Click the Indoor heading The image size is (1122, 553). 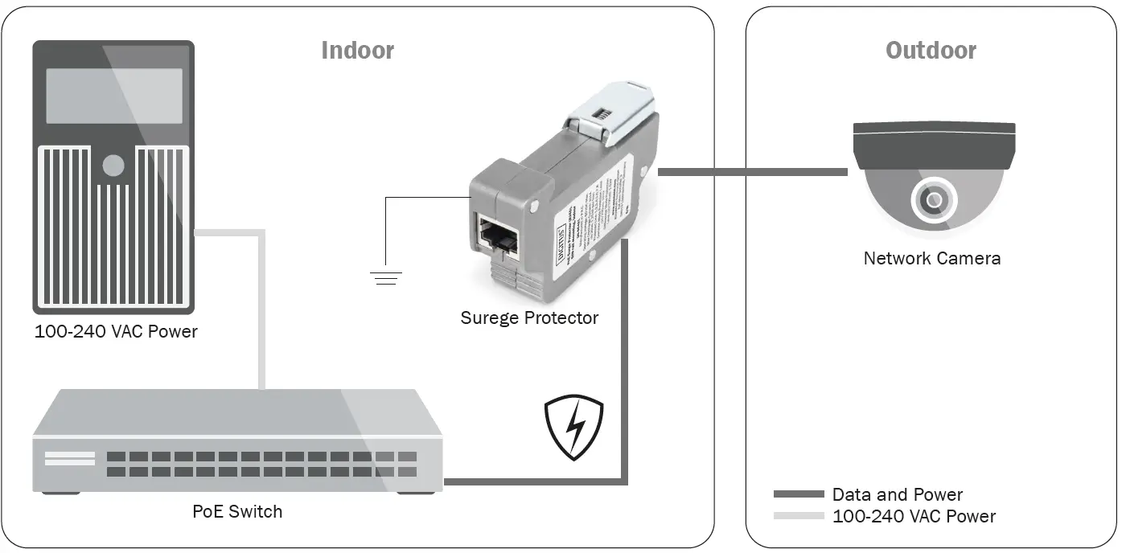tap(357, 51)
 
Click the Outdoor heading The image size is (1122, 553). tap(931, 51)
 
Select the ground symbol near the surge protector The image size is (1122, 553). tap(385, 278)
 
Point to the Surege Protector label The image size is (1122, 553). tap(529, 317)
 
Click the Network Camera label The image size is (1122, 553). tap(931, 258)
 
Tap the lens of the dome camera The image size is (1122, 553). tap(934, 199)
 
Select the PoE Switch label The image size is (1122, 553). tap(237, 511)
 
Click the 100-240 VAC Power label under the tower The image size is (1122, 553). tap(116, 332)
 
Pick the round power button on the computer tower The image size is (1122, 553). tap(113, 166)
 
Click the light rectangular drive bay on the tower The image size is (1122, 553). tap(113, 96)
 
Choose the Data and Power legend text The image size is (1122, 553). tap(897, 494)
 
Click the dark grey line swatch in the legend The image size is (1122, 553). tap(798, 494)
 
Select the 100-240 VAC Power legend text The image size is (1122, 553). tap(914, 516)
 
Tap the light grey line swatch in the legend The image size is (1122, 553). tap(798, 516)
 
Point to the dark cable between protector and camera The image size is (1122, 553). tap(752, 172)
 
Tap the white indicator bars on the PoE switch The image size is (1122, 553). tap(69, 458)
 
